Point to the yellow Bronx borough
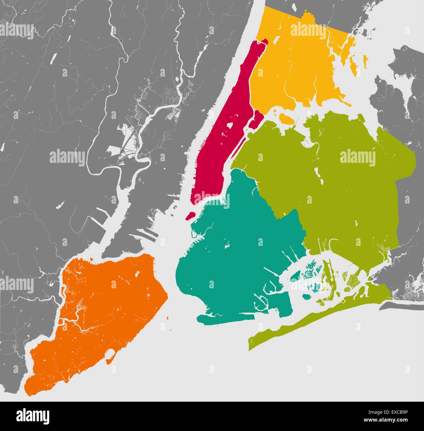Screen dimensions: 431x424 (x=294, y=72)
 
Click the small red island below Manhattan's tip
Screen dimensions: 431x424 (x=190, y=216)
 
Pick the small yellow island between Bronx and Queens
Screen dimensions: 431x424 (x=287, y=119)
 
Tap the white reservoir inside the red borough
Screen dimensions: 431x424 (x=229, y=125)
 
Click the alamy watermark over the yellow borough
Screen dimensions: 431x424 (x=308, y=30)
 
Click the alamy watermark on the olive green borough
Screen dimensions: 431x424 (x=357, y=158)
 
